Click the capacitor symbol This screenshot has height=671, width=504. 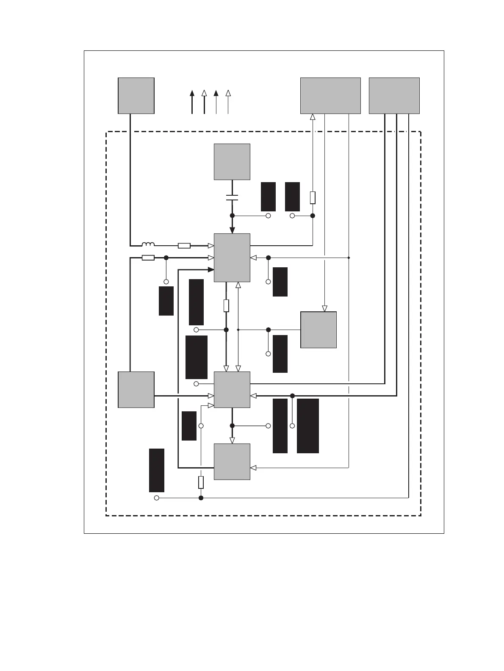coord(232,197)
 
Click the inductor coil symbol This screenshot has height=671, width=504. coord(148,244)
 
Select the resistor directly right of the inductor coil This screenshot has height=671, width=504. coord(184,246)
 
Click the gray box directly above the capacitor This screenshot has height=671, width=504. coord(232,162)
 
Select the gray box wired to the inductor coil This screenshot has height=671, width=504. coord(136,95)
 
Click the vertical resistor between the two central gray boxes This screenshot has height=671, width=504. coord(226,305)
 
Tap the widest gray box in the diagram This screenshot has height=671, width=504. coord(330,95)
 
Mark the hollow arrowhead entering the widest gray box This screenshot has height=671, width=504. coord(313,117)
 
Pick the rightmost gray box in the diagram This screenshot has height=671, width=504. coord(394,95)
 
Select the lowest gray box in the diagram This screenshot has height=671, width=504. coord(232,461)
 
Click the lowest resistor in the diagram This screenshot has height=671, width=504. coord(201,482)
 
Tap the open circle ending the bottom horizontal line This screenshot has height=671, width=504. coord(156,498)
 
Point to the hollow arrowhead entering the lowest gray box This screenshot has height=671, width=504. coord(253,468)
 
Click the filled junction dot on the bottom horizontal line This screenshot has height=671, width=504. coord(201,498)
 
